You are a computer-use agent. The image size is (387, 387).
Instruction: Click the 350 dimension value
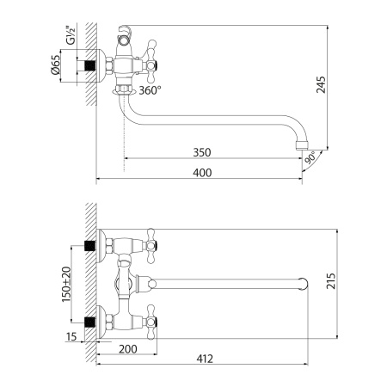[201, 153]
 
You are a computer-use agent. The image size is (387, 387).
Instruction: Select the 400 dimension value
[201, 173]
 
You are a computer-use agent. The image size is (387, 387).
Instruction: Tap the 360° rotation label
[149, 89]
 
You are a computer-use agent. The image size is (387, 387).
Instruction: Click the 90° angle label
[310, 159]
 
